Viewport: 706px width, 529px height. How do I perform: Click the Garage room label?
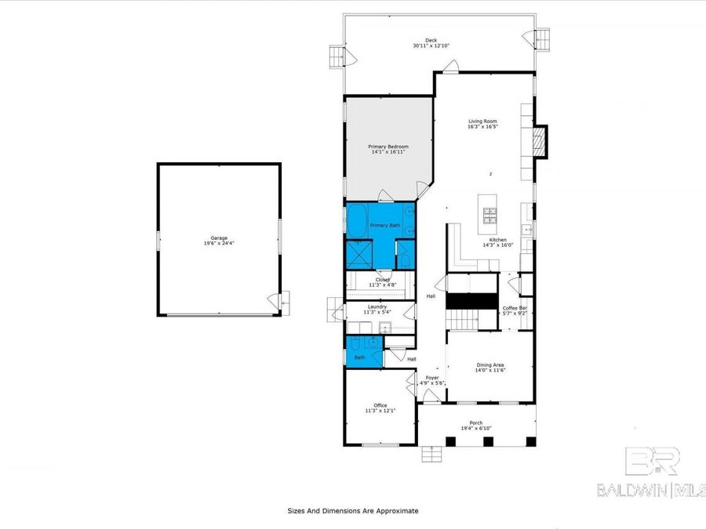click(218, 237)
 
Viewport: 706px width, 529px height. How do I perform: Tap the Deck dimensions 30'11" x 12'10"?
click(431, 46)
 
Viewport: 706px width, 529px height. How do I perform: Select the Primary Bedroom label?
click(388, 146)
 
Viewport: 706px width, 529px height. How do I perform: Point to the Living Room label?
click(482, 121)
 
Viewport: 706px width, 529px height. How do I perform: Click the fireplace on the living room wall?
click(538, 140)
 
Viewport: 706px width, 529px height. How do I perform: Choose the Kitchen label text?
click(498, 240)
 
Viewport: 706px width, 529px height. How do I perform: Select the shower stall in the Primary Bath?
click(358, 255)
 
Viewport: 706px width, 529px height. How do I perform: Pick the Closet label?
click(382, 279)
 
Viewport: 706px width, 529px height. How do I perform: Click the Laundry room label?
click(377, 306)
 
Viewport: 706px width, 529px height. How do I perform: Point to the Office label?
click(380, 405)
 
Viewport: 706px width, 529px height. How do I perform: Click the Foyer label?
click(432, 378)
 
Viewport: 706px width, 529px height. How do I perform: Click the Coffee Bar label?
click(514, 308)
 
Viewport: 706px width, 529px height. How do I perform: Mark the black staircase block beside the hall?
click(472, 300)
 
